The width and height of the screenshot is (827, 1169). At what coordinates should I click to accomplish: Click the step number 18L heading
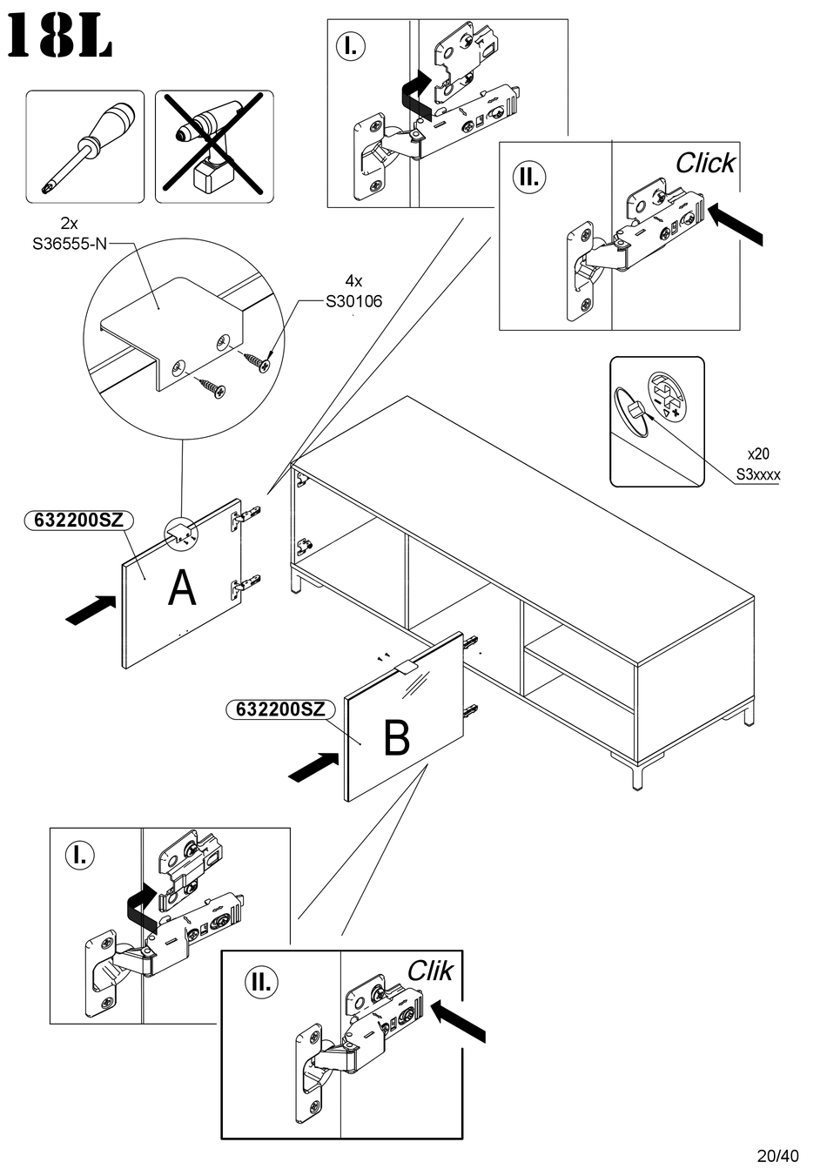[x=59, y=38]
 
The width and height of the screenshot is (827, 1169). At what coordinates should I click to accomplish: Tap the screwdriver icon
[x=84, y=146]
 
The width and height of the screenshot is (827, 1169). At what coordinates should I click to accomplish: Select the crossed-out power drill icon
[x=214, y=146]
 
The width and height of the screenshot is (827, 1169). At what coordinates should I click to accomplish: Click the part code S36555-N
[x=70, y=244]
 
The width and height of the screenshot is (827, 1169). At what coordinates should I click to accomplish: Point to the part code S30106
[x=353, y=302]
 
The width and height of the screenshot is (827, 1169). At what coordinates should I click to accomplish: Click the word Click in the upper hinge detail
[x=705, y=163]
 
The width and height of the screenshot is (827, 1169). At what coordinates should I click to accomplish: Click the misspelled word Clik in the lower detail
[x=430, y=971]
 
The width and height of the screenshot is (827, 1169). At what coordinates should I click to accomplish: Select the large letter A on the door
[x=182, y=588]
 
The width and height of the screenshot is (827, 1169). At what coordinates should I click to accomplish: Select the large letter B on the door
[x=396, y=738]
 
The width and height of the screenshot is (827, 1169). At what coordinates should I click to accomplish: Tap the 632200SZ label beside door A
[x=78, y=521]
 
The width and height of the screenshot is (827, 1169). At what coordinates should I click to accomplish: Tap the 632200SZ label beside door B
[x=280, y=709]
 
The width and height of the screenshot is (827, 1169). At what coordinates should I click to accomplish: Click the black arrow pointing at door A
[x=91, y=609]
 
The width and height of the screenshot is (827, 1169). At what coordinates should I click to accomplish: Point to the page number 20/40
[x=777, y=1156]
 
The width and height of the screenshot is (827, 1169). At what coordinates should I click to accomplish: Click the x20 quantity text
[x=758, y=454]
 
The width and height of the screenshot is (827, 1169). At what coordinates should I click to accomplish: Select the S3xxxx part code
[x=758, y=474]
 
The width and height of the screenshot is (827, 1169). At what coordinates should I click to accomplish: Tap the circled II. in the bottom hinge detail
[x=259, y=982]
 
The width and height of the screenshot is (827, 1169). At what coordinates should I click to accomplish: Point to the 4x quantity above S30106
[x=353, y=281]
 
